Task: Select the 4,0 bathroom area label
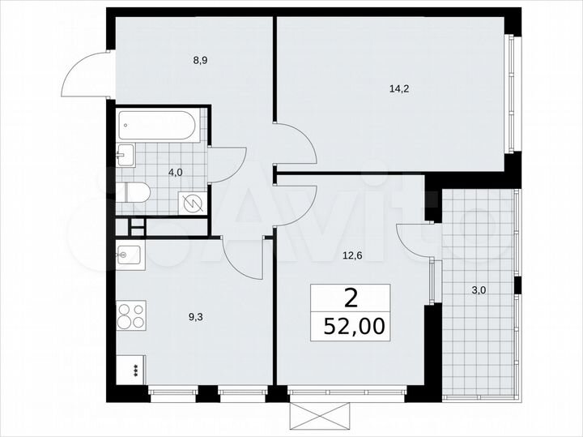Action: tap(175, 172)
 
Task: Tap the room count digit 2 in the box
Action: tap(351, 298)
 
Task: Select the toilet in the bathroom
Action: tap(134, 193)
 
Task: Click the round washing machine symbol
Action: tap(192, 203)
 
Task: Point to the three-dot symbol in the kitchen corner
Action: tap(134, 370)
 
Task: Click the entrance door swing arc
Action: tap(87, 72)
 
